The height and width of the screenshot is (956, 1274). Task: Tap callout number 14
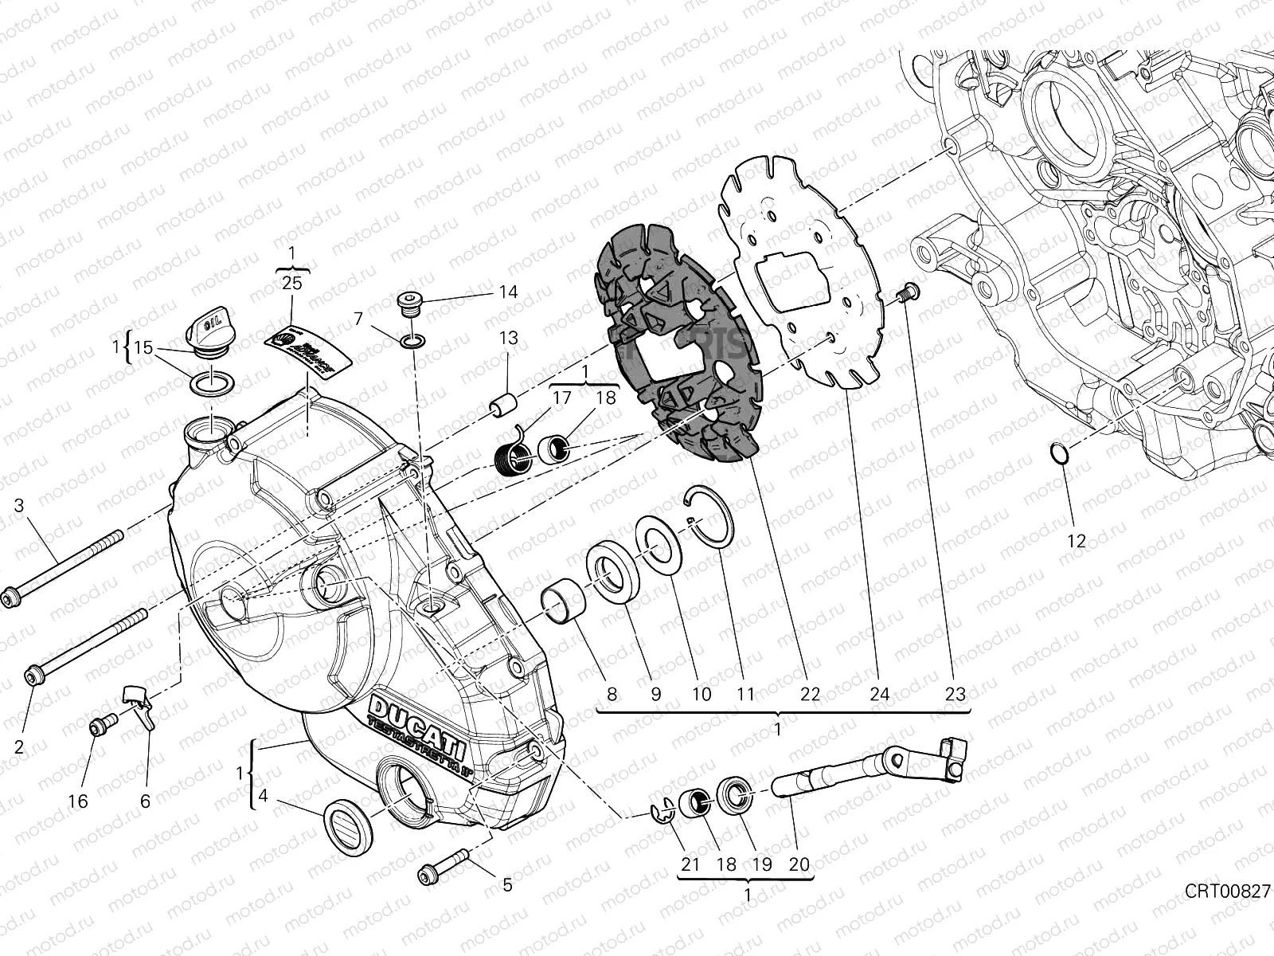(x=508, y=292)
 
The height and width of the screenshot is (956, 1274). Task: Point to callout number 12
(x=1076, y=542)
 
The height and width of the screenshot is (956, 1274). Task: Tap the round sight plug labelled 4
(x=349, y=825)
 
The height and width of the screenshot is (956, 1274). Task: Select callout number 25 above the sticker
(x=291, y=282)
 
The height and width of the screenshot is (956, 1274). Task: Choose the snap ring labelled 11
(x=711, y=518)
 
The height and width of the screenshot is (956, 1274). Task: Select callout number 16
(x=77, y=801)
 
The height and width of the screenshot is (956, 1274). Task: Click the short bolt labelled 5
(x=444, y=867)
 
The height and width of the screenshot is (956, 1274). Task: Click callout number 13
(x=508, y=338)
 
